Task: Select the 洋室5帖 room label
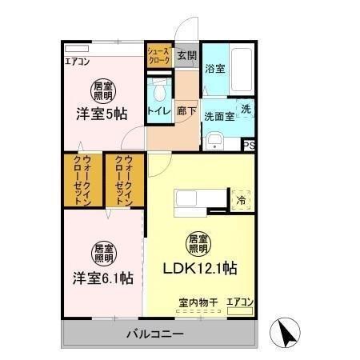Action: [102, 112]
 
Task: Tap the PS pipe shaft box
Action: [250, 145]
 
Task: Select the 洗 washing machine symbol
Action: [246, 109]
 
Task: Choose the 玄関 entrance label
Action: [186, 55]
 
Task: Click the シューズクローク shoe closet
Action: [158, 56]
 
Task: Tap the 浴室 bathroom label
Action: [214, 69]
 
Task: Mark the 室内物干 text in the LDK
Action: [198, 302]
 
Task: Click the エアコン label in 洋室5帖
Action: [77, 61]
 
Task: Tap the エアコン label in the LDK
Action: [240, 302]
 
